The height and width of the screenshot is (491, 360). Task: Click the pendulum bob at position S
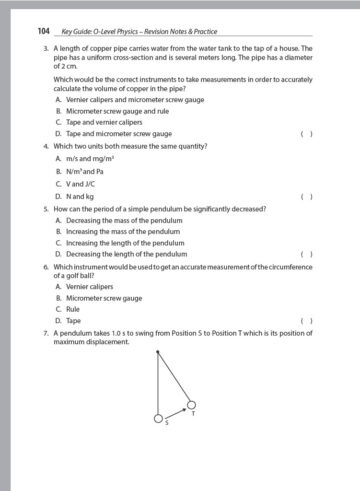158,417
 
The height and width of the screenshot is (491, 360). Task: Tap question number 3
46,48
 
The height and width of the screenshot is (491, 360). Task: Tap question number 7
46,334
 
